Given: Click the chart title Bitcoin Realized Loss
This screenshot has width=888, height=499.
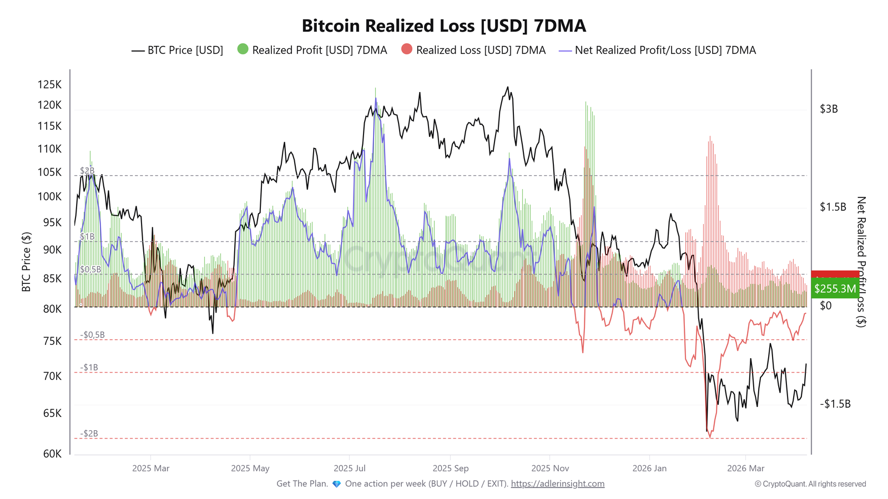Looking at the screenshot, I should pyautogui.click(x=443, y=26).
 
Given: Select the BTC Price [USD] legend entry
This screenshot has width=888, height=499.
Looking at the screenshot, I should pyautogui.click(x=178, y=50).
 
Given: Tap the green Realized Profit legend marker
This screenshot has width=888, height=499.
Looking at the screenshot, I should pyautogui.click(x=243, y=49).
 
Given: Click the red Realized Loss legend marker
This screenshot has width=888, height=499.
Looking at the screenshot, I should pyautogui.click(x=407, y=49).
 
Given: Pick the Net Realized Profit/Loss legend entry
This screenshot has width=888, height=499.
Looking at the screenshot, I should pyautogui.click(x=658, y=50).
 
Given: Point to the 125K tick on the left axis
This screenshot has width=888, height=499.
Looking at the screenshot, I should pyautogui.click(x=49, y=85).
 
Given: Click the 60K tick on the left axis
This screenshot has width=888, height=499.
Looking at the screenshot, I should pyautogui.click(x=52, y=454).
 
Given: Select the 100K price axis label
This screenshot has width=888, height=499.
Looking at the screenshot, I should pyautogui.click(x=49, y=197).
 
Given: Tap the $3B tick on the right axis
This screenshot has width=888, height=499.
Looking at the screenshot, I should pyautogui.click(x=829, y=109).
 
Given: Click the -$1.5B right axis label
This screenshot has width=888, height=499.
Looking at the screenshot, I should pyautogui.click(x=835, y=404).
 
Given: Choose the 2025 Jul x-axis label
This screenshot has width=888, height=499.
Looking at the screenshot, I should pyautogui.click(x=350, y=469).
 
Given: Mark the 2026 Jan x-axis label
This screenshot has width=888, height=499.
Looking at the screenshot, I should pyautogui.click(x=649, y=469).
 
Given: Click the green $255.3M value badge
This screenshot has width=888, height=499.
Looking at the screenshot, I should pyautogui.click(x=835, y=289).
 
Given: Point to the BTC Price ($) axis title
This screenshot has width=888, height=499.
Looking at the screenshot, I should pyautogui.click(x=26, y=262).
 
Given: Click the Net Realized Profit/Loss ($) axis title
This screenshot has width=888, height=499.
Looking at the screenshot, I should pyautogui.click(x=861, y=262).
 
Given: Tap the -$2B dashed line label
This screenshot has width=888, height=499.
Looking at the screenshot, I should pyautogui.click(x=89, y=434).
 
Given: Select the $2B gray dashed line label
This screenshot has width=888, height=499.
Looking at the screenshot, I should pyautogui.click(x=87, y=171).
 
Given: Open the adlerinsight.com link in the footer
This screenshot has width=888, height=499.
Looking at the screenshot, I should pyautogui.click(x=557, y=484).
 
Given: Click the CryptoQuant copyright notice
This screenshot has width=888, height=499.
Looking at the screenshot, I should pyautogui.click(x=810, y=484).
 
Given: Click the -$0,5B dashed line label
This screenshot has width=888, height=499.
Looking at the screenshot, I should pyautogui.click(x=92, y=335).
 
